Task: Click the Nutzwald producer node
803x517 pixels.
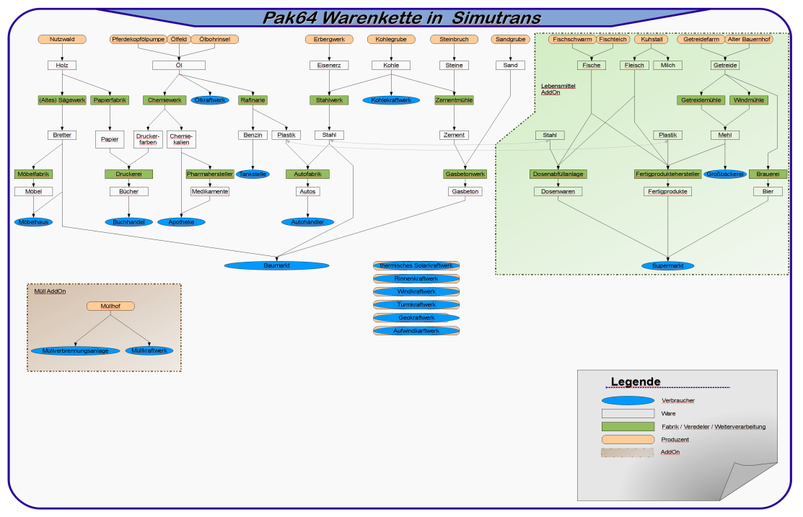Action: coord(62,39)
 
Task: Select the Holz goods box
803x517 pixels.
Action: coord(62,65)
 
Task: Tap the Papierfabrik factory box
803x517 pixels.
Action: coord(110,100)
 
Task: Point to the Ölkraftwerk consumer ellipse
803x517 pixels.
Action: coord(210,100)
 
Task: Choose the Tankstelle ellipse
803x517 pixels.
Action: coord(253,174)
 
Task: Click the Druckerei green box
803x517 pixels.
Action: coord(129,174)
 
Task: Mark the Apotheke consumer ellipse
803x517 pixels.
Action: coord(181,222)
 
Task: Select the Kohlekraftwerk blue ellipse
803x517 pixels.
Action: coord(391,100)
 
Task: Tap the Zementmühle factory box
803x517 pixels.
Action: coord(455,100)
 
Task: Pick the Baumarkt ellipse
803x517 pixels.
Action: coord(276,265)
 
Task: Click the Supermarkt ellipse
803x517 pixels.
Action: coord(668,265)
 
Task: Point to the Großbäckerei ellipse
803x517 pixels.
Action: coord(724,174)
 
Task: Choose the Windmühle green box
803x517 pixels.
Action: coord(748,100)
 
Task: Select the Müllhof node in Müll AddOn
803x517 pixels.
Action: coord(110,306)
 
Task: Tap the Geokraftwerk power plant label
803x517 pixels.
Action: coord(416,317)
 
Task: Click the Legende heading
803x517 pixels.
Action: coord(636,382)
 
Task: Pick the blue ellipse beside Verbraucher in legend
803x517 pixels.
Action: coord(628,400)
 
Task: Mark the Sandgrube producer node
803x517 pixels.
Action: coord(510,39)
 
